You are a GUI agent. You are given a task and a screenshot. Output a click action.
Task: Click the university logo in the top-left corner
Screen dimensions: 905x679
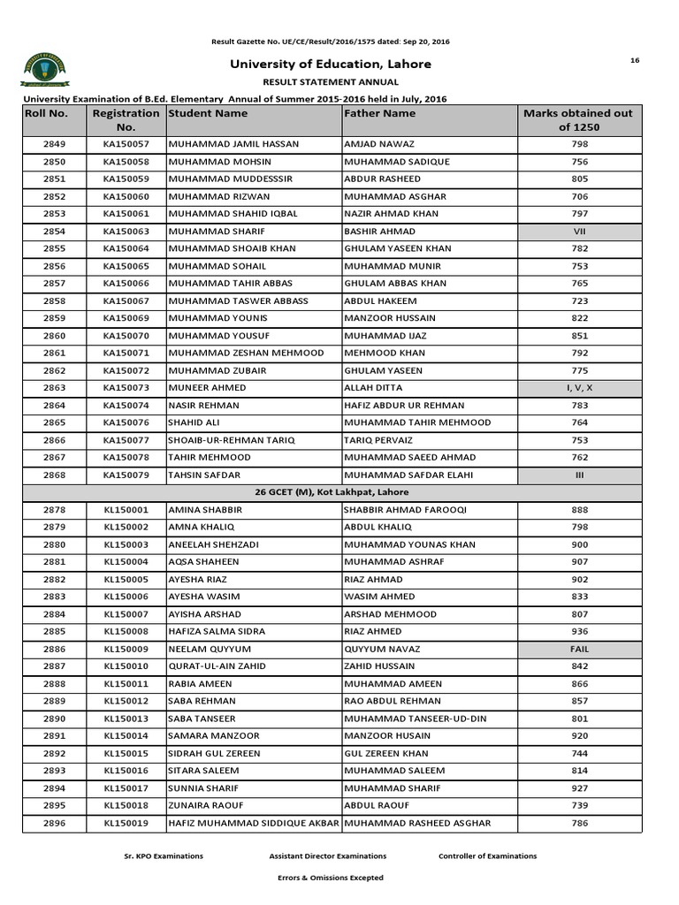pyautogui.click(x=43, y=69)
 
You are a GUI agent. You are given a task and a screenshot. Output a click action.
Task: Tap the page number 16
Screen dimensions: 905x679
pyautogui.click(x=634, y=59)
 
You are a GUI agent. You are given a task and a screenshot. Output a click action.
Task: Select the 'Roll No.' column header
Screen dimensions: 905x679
pyautogui.click(x=46, y=114)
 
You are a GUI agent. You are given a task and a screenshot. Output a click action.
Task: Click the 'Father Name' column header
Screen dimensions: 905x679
pyautogui.click(x=380, y=114)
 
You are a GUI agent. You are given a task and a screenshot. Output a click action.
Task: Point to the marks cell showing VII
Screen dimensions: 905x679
pyautogui.click(x=579, y=232)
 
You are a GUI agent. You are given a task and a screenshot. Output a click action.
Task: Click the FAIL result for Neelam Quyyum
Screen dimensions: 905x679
pyautogui.click(x=579, y=649)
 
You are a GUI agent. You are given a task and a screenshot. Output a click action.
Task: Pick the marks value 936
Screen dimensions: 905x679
pyautogui.click(x=579, y=632)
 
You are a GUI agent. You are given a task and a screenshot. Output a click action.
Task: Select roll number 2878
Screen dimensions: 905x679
pyautogui.click(x=54, y=510)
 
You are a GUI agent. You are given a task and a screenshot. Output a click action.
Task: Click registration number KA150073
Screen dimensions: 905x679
pyautogui.click(x=126, y=388)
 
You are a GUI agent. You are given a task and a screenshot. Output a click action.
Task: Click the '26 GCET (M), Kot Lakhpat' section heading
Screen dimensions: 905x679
pyautogui.click(x=332, y=492)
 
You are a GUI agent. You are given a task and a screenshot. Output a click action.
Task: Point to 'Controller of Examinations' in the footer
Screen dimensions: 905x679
pyautogui.click(x=487, y=856)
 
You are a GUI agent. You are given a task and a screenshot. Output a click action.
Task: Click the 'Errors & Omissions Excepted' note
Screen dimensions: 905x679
pyautogui.click(x=331, y=878)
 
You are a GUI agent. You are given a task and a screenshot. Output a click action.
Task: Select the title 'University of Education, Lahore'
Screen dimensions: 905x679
pyautogui.click(x=331, y=65)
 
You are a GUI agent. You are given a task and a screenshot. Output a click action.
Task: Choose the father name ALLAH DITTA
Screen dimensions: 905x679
pyautogui.click(x=373, y=388)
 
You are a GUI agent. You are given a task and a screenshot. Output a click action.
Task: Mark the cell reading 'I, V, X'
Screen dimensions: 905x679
pyautogui.click(x=579, y=388)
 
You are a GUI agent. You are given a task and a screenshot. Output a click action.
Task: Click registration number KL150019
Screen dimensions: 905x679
pyautogui.click(x=126, y=823)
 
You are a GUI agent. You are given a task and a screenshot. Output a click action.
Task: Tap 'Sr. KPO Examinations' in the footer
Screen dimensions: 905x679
pyautogui.click(x=163, y=856)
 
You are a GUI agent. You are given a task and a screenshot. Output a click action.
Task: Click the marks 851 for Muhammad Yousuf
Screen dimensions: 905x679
pyautogui.click(x=579, y=336)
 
